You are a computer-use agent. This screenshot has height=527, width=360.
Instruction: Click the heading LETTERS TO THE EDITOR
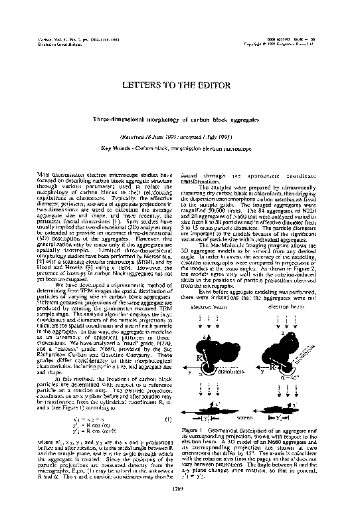179,86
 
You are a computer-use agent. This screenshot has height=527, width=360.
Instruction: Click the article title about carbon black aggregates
179,117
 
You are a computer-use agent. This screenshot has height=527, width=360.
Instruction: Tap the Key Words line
179,148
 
